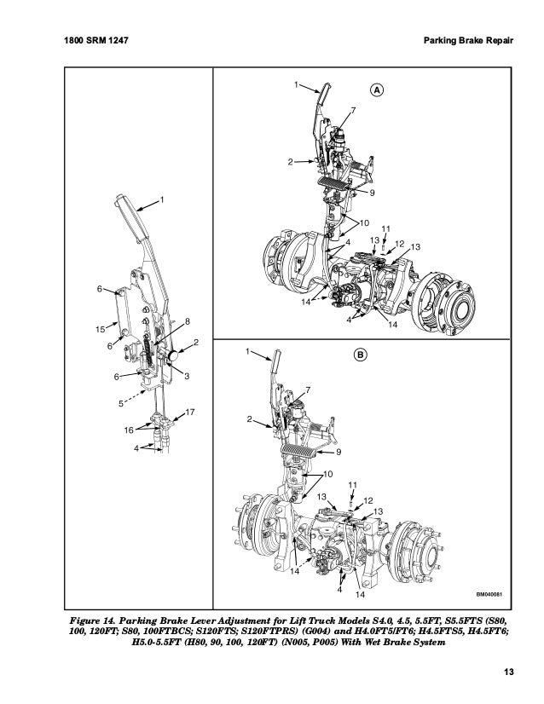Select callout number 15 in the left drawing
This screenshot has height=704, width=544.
pos(97,327)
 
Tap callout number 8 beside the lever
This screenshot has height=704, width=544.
pos(187,320)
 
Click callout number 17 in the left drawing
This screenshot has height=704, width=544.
pos(190,413)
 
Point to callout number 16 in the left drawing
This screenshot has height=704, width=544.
pos(130,430)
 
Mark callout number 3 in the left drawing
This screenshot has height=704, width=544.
pos(187,375)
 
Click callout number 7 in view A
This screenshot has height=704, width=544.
pos(353,113)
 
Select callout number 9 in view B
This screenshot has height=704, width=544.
pos(339,451)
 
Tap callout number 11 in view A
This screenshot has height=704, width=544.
pos(385,228)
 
